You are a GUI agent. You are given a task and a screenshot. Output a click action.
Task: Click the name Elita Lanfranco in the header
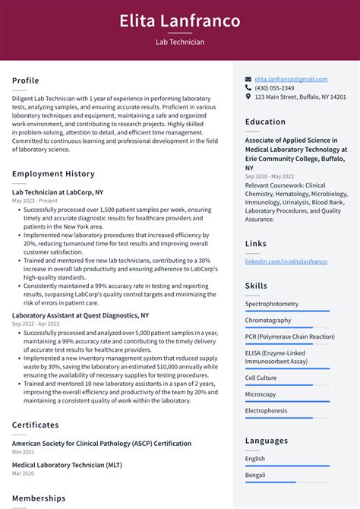coord(179,21)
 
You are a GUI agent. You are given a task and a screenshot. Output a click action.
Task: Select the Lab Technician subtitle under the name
coord(179,43)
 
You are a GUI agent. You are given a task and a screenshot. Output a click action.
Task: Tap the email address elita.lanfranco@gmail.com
coord(291,79)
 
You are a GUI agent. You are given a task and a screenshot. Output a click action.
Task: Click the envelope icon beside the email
coord(248,79)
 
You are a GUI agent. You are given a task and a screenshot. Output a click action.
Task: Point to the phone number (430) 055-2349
coord(274,88)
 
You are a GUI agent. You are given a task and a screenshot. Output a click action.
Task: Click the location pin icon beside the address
coord(248,97)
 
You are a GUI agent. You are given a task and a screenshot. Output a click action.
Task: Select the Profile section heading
coord(26,81)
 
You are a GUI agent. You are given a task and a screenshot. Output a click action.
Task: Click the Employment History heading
coord(53,174)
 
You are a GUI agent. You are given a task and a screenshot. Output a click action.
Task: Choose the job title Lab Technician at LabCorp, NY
coord(58,192)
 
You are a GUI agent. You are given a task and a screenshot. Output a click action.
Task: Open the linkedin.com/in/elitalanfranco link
coord(286,261)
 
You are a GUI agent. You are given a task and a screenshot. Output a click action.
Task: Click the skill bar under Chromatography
coord(287,328)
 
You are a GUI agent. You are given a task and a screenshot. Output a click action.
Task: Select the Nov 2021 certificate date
coord(24,452)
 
